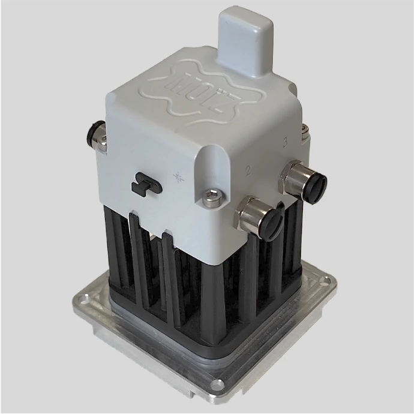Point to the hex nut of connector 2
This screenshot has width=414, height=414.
coord(251,211)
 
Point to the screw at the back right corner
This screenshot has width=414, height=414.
coord(305,127)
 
